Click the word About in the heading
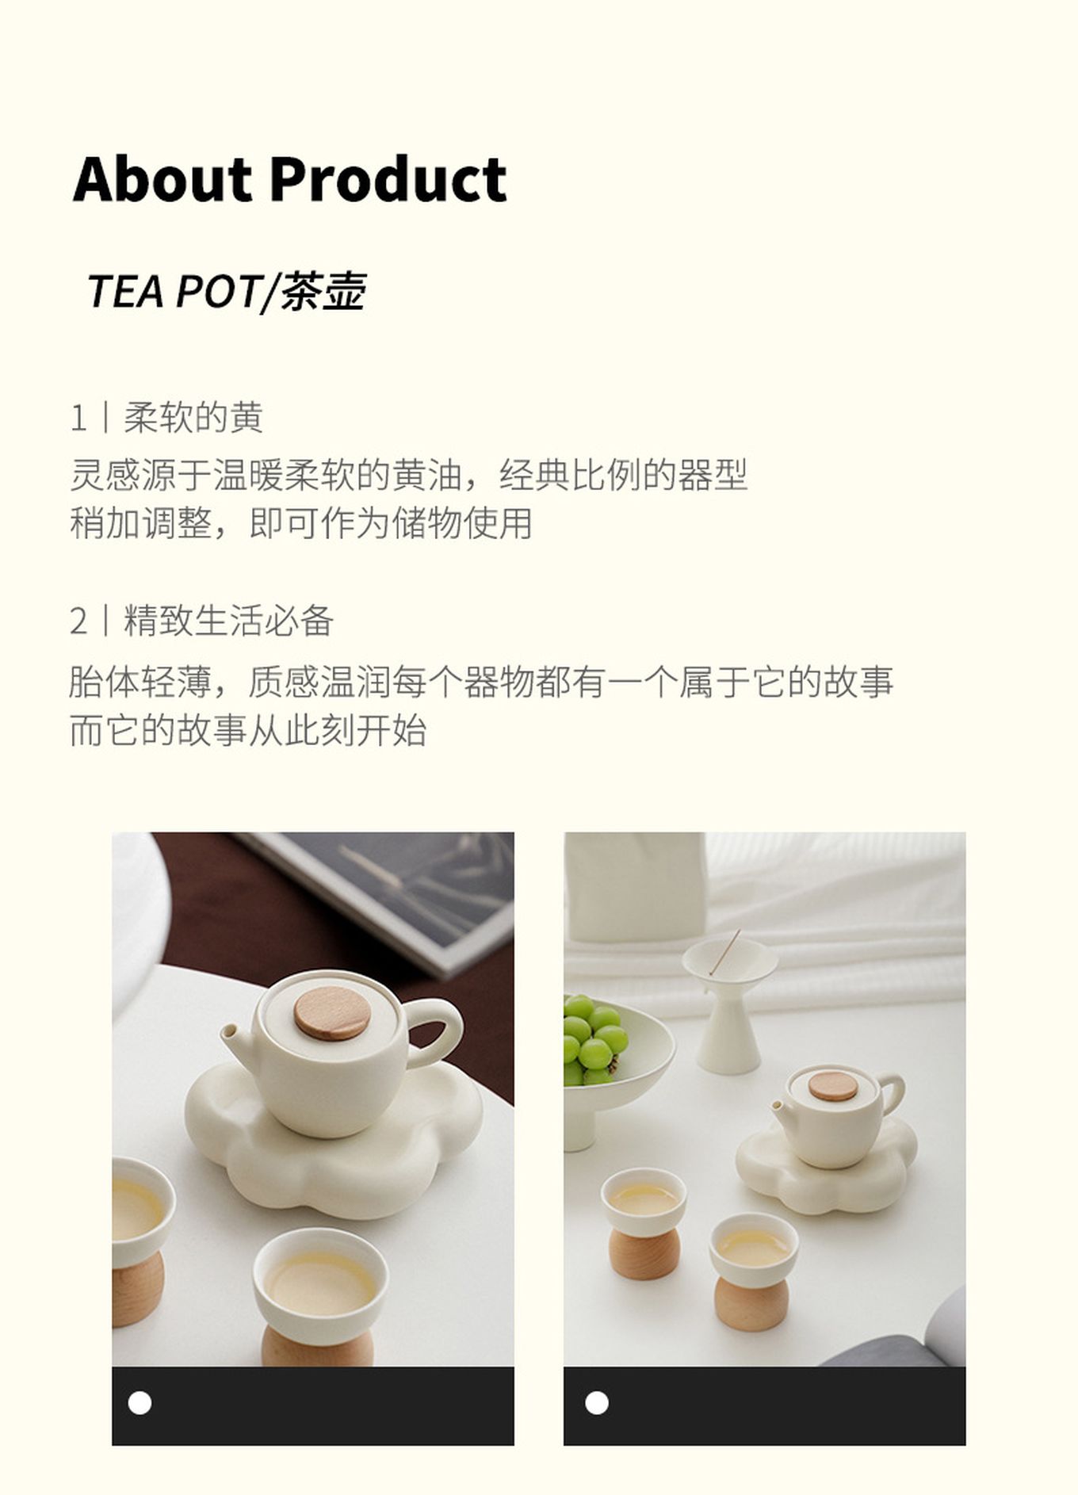[162, 179]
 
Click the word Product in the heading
[388, 179]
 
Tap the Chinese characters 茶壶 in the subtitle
[323, 291]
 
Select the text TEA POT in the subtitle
[173, 291]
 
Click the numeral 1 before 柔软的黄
[78, 419]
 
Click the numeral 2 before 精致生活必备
[78, 621]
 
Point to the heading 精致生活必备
[228, 621]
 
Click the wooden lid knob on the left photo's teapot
[332, 1013]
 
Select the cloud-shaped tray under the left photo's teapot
[334, 1141]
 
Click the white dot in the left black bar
[140, 1402]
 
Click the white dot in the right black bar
[597, 1402]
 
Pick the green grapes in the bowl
[593, 1038]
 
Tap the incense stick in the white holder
[724, 952]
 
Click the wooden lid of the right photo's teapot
[832, 1086]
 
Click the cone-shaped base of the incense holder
[728, 1031]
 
